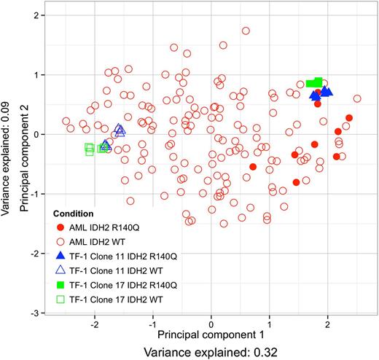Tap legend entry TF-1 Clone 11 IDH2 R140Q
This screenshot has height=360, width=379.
[x=120, y=254]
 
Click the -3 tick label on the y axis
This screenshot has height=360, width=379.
[x=36, y=313]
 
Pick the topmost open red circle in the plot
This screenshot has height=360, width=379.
[x=246, y=31]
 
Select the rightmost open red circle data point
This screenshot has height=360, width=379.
[x=357, y=98]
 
